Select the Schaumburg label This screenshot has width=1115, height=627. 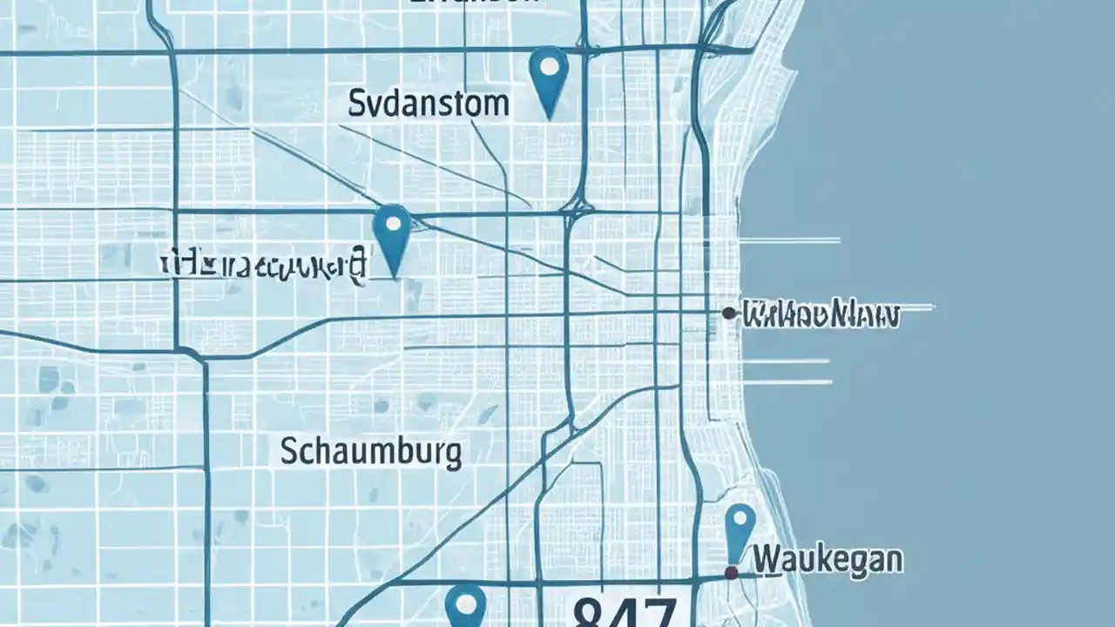pyautogui.click(x=371, y=452)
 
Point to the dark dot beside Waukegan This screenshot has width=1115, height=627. pyautogui.click(x=732, y=572)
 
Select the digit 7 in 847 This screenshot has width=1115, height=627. pyautogui.click(x=660, y=612)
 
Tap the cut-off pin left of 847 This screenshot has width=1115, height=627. pyautogui.click(x=464, y=604)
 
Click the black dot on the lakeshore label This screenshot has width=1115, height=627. pyautogui.click(x=728, y=313)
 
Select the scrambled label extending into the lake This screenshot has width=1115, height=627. pyautogui.click(x=819, y=314)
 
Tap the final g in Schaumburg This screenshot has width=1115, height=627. pyautogui.click(x=453, y=455)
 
